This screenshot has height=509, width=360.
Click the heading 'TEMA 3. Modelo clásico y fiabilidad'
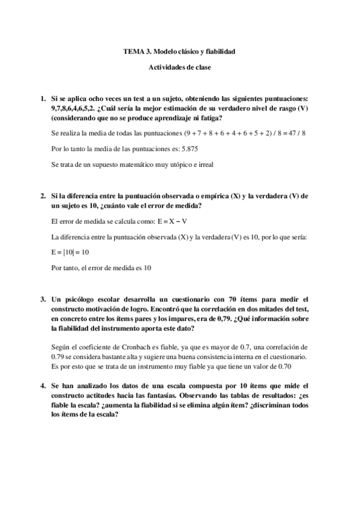[x=179, y=52]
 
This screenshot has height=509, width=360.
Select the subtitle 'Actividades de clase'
[x=179, y=68]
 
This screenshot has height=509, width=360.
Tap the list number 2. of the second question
[x=43, y=196]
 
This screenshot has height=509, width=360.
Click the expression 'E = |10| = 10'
[x=70, y=253]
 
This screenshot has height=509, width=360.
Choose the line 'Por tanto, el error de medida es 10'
[x=101, y=268]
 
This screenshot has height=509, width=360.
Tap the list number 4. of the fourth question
[x=43, y=385]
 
